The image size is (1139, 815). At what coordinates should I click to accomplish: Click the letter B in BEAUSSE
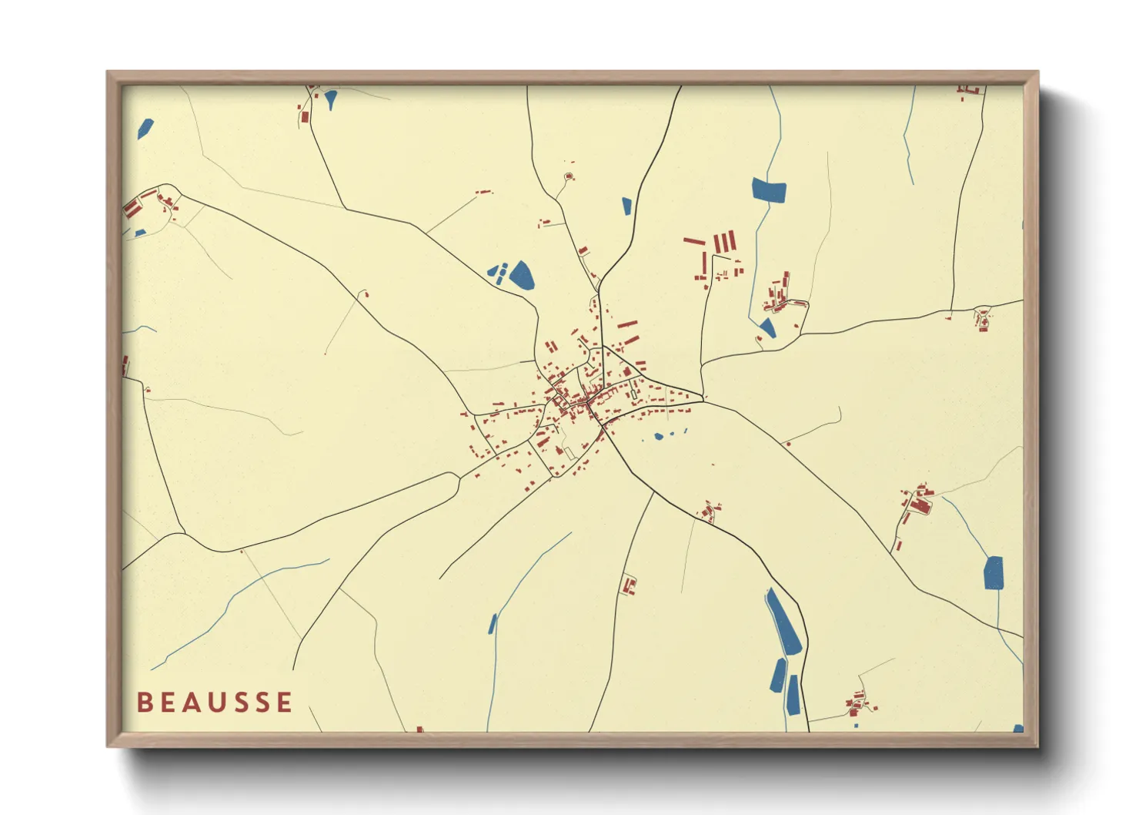coord(143,702)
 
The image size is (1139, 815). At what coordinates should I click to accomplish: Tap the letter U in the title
coord(216,702)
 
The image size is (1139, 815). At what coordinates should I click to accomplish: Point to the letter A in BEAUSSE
coord(192,702)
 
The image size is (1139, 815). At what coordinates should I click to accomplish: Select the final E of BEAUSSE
coord(285,702)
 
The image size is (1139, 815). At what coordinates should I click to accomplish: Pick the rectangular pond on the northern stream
coord(769,190)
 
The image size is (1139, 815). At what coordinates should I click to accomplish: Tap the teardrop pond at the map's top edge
coord(331,99)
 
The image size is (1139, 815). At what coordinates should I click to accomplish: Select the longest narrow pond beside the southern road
coord(783,621)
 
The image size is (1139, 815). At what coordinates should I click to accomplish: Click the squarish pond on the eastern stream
coord(994,572)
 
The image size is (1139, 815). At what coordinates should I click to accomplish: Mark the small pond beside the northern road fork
coord(626,206)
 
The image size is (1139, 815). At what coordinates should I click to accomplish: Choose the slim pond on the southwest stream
coord(493,624)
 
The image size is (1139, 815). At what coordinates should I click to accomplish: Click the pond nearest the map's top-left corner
coord(145,128)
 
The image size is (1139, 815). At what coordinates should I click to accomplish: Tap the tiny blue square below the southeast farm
coord(856,725)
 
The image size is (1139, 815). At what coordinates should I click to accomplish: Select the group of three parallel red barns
coord(724,243)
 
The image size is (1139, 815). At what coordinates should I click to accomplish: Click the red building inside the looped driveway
coord(569,177)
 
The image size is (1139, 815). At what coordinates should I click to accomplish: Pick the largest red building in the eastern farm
coord(919,505)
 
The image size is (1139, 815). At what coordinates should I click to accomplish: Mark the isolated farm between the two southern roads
coord(630,585)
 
